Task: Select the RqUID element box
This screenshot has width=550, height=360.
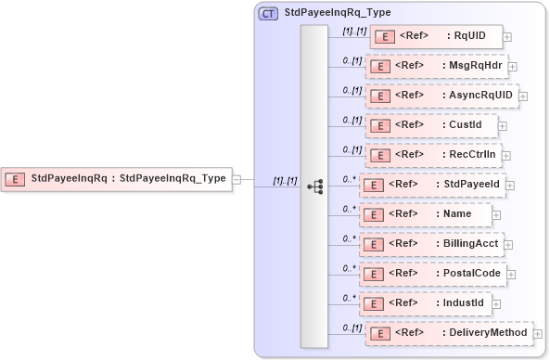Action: point(436,37)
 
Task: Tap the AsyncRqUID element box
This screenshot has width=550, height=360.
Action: point(441,96)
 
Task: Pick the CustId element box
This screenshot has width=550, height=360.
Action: point(432,125)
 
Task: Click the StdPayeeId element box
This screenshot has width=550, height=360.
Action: point(431,185)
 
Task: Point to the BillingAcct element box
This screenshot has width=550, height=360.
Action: point(431,244)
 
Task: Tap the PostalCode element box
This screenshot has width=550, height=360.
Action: point(432,274)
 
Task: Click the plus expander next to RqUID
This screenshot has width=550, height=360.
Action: point(507,38)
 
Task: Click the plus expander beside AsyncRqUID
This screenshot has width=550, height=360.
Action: point(523,96)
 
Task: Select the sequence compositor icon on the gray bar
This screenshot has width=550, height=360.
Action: point(314,186)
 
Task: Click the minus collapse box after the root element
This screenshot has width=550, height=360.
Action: point(237,178)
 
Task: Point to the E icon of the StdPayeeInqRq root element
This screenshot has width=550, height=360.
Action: point(16,178)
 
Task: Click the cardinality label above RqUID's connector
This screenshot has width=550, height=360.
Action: point(353,31)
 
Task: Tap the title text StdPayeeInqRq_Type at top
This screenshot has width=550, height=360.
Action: point(338,13)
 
